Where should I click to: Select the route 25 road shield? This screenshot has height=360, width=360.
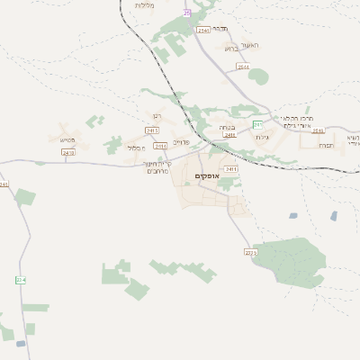tap(187, 13)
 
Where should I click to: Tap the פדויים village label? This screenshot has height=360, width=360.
tap(181, 142)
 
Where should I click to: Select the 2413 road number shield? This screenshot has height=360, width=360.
tap(68, 153)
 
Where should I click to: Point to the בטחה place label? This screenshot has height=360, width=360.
tap(228, 128)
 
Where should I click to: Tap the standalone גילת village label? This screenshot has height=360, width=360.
tap(262, 137)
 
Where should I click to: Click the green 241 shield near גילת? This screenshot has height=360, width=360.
tap(257, 124)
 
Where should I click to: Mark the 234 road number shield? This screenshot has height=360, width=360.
tap(20, 281)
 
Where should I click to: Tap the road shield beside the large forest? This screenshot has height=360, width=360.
tap(250, 253)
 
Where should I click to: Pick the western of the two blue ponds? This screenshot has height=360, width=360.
tap(293, 216)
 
